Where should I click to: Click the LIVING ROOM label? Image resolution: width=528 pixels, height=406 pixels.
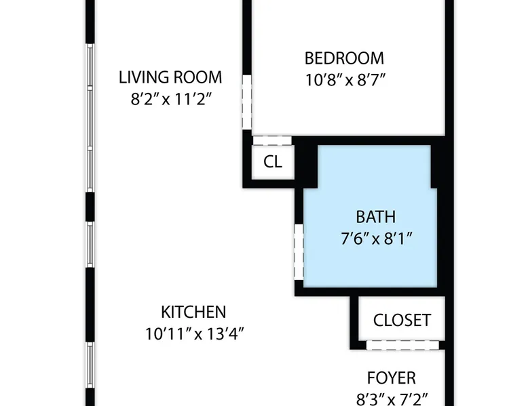coord(170,77)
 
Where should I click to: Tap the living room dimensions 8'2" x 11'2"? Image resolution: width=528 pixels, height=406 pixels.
coord(172,99)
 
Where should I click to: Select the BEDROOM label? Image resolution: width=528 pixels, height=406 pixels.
coord(344,58)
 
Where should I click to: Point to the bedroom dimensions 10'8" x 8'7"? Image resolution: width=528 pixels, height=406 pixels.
coord(345,80)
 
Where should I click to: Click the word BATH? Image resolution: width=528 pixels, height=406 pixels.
coord(376,217)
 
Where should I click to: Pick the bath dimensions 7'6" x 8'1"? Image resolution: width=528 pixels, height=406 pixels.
coord(377,239)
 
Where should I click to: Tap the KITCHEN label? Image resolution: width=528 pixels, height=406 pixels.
coord(193,312)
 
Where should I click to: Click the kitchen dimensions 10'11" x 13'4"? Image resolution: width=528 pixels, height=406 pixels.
coord(194,334)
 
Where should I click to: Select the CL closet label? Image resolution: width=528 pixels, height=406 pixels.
coord(273,162)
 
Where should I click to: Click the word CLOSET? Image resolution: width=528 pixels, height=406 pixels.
coord(402,320)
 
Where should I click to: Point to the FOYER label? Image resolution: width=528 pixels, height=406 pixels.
coord(392,378)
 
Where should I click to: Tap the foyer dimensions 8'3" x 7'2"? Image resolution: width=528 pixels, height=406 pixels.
coord(392,399)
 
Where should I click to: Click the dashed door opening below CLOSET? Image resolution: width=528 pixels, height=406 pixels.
coord(402,345)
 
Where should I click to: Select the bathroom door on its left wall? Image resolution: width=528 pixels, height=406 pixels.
coord(299,251)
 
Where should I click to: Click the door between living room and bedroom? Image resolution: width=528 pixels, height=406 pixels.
coord(247,102)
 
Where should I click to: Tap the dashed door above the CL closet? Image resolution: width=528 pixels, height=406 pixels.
coord(272,140)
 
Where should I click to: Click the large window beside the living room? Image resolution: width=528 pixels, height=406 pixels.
coord(90,118)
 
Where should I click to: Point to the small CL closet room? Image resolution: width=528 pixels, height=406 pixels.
coord(273,162)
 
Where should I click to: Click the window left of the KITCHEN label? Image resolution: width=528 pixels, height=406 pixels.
coord(90,365)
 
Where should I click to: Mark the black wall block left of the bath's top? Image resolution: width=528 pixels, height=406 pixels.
coord(306,162)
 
